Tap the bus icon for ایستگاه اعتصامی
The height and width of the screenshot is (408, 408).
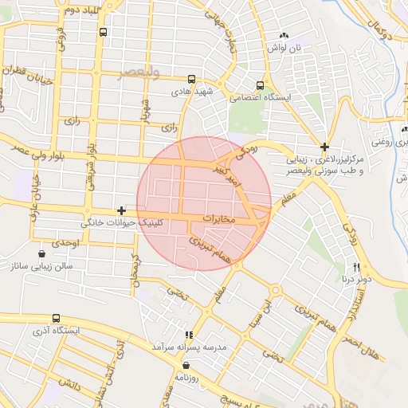pos(261,84)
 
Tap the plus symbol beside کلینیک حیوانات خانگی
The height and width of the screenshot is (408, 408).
pos(120,210)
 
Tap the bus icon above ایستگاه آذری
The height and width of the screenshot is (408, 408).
pos(55,317)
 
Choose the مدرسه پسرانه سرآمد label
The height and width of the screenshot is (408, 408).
pos(189,348)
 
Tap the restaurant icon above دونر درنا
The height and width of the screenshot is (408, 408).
pos(356,267)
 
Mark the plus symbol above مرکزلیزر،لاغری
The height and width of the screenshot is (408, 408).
pos(324,146)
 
